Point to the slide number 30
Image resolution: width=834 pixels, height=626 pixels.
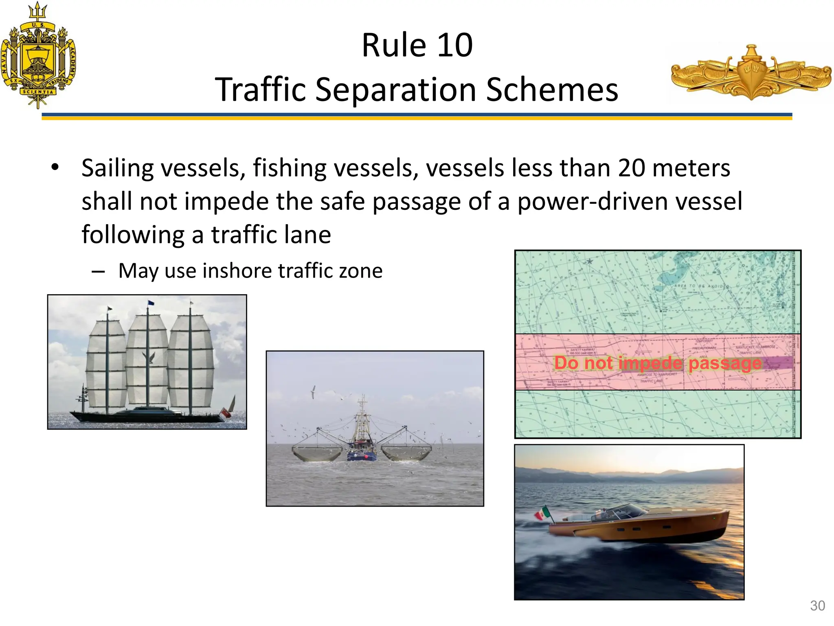[x=817, y=606]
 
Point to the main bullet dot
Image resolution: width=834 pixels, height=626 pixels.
[x=55, y=167]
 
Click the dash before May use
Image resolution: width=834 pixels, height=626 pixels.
[x=99, y=271]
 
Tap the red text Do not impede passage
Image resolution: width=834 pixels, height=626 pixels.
[x=657, y=363]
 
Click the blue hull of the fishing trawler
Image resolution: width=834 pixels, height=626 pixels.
[x=362, y=456]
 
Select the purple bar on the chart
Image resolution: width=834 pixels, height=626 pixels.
[x=778, y=362]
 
